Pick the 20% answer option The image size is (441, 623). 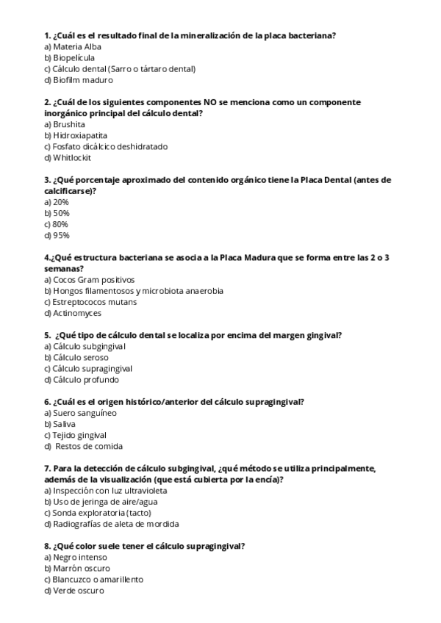click(61, 201)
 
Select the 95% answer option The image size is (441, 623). click(61, 235)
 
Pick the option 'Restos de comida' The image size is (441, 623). click(89, 446)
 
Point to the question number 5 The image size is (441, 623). click(47, 335)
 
